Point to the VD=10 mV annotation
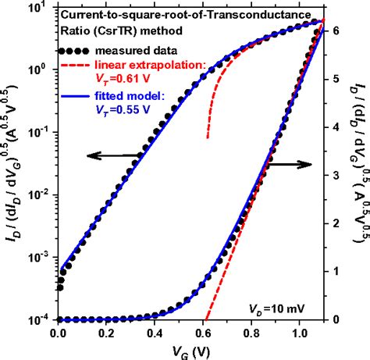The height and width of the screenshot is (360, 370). pos(279,307)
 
